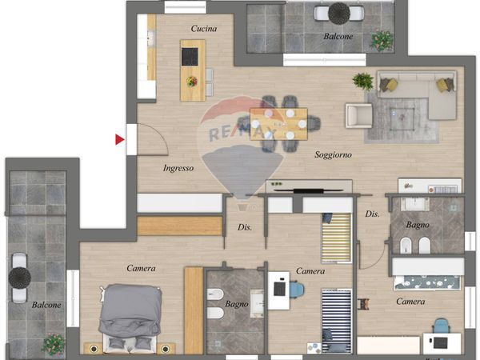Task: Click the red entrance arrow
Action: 120,139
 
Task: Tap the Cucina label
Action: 204,29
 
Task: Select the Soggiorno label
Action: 333,155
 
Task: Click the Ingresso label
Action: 178,168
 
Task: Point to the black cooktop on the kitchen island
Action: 190,57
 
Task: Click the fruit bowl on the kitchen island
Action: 192,82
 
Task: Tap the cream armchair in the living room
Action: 359,116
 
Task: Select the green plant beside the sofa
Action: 363,81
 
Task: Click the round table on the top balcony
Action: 339,13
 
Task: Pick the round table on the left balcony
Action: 19,278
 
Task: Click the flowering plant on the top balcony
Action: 382,41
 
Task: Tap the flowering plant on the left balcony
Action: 54,345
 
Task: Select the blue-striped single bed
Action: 337,321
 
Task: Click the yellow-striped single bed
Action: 336,238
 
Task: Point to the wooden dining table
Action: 278,124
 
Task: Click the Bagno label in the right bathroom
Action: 418,225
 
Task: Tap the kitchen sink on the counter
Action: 151,38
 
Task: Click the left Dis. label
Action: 245,227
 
